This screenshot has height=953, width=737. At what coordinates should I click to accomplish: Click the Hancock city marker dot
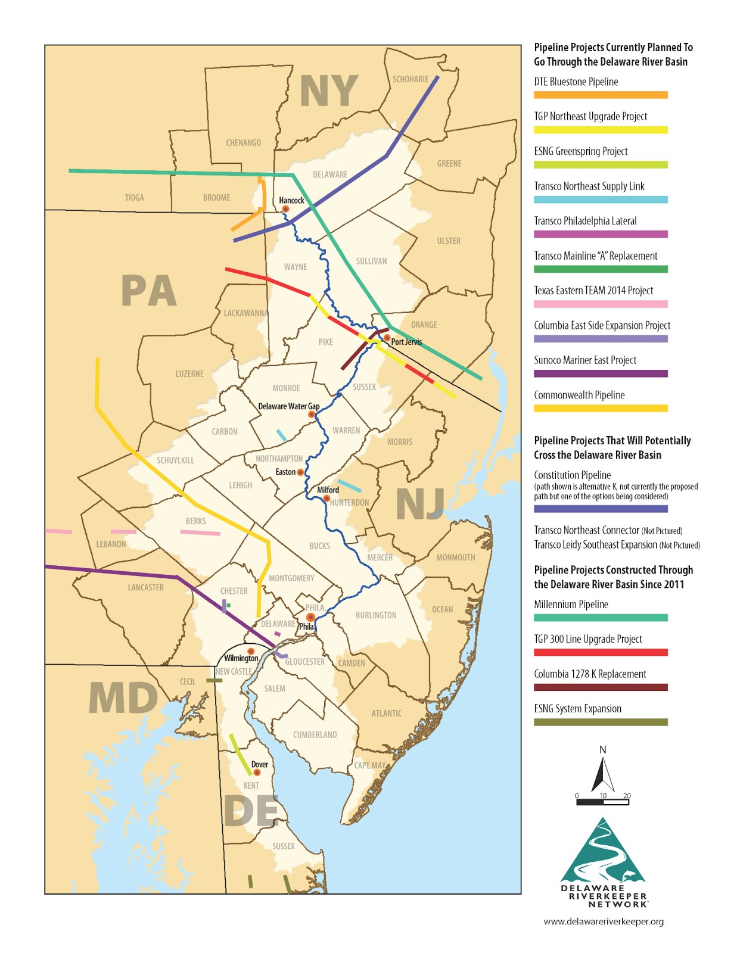click(x=285, y=209)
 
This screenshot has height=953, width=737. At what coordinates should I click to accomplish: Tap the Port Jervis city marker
click(x=387, y=338)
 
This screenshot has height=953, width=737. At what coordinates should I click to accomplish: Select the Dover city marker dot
click(x=257, y=773)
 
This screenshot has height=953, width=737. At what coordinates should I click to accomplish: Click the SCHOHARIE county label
click(x=410, y=79)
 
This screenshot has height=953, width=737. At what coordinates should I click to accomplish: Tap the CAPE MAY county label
click(x=370, y=765)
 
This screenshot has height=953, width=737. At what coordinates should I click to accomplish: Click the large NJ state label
click(x=420, y=504)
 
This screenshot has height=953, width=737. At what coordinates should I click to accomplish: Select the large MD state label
click(x=123, y=698)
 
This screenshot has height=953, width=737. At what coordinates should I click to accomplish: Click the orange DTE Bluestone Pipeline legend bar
click(x=600, y=95)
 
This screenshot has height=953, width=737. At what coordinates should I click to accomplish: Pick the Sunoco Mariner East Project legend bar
click(x=600, y=373)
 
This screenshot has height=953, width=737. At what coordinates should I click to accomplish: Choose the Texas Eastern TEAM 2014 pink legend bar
click(x=600, y=304)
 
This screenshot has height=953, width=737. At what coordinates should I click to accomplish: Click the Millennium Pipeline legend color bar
click(x=600, y=618)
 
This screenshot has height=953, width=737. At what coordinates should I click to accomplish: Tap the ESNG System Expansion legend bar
click(x=600, y=722)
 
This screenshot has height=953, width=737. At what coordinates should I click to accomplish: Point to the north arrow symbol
click(x=602, y=771)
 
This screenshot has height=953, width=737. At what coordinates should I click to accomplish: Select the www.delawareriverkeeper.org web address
click(x=603, y=921)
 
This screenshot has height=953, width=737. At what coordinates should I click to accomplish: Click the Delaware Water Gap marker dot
click(x=312, y=414)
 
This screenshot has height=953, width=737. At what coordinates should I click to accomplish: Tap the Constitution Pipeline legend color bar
click(x=600, y=509)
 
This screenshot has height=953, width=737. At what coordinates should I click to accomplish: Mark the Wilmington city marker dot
click(x=251, y=652)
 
